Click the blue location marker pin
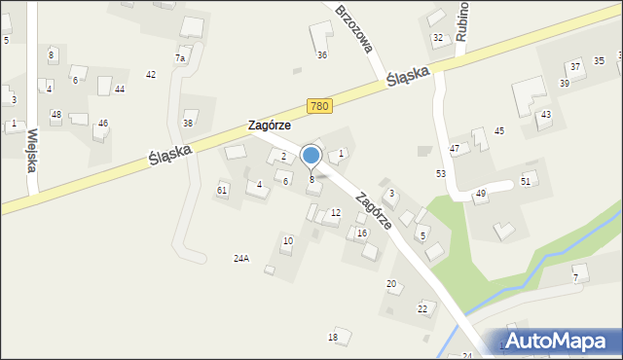click(311, 157)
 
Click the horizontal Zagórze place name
click(269, 126)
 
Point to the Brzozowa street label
click(355, 31)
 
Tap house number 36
click(322, 55)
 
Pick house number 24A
click(241, 258)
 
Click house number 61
click(222, 190)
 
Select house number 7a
click(180, 58)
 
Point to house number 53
click(441, 173)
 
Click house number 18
click(333, 337)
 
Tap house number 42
click(151, 74)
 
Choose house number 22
click(422, 308)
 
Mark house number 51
click(527, 181)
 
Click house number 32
click(437, 38)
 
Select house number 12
click(336, 212)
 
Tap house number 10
click(287, 240)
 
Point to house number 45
click(499, 130)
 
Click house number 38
click(188, 123)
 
